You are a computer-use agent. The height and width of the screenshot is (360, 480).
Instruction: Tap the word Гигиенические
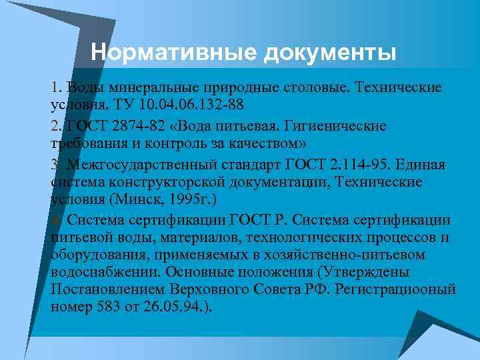(x=335, y=127)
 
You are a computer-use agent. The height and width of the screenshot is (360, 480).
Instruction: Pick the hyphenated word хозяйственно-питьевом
(x=367, y=255)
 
